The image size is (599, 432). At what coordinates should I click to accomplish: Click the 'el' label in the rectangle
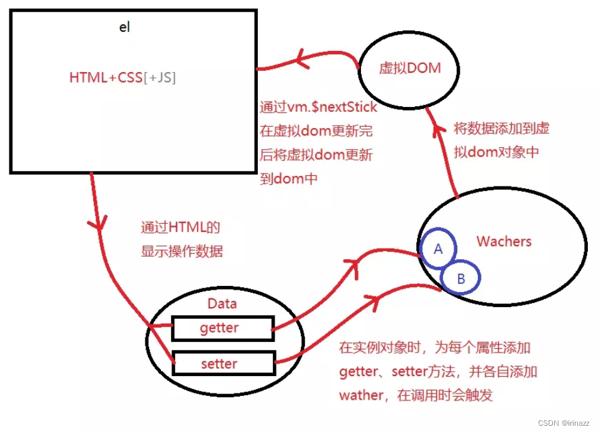(x=124, y=28)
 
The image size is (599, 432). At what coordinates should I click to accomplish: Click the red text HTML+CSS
(x=106, y=78)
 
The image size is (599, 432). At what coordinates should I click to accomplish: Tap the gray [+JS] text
(x=160, y=78)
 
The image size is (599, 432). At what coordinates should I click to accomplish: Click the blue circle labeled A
(x=438, y=249)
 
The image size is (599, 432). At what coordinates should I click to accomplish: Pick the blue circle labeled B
(x=460, y=278)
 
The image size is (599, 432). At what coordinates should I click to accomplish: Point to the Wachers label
(x=504, y=241)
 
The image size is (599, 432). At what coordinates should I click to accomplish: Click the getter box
(x=222, y=328)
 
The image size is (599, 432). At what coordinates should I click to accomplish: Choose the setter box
(x=222, y=363)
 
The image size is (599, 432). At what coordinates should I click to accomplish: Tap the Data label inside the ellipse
(x=222, y=304)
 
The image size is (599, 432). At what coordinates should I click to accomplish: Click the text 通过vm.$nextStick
(x=318, y=107)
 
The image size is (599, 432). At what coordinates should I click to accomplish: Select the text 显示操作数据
(x=181, y=251)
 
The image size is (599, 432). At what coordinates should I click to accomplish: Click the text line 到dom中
(x=289, y=179)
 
